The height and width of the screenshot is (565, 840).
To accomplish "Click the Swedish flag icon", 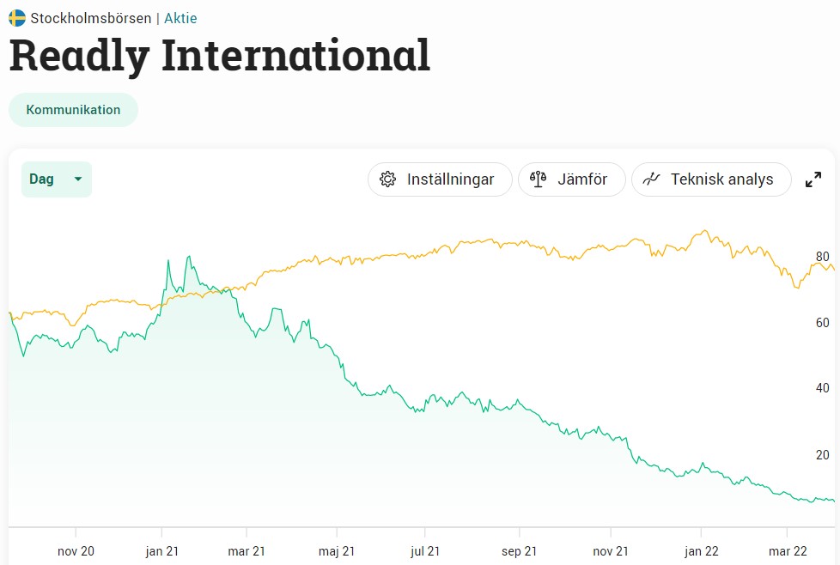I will click(x=17, y=18).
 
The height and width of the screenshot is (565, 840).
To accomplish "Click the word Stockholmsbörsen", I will click(x=91, y=18).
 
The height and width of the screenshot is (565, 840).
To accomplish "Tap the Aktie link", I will click(x=180, y=18).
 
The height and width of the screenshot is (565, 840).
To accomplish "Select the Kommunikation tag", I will click(x=73, y=110).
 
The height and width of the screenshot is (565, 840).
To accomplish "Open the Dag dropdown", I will click(x=57, y=179).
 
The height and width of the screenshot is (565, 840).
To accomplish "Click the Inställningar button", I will click(x=440, y=179).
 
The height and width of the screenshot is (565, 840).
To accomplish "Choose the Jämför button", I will click(x=571, y=179).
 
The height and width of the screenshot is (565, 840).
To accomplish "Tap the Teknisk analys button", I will click(x=711, y=179).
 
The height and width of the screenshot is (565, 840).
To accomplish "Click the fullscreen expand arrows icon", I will click(x=813, y=179).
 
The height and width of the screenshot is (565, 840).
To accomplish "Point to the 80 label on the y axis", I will click(x=822, y=257).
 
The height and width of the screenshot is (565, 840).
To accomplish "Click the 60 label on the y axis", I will click(x=822, y=323).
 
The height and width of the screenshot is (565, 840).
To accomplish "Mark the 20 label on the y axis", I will click(x=822, y=455).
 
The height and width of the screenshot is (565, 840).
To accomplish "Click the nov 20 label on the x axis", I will click(x=76, y=550).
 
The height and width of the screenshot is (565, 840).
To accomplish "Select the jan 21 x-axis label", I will click(x=161, y=550).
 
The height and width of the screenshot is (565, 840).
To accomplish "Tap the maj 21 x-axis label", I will click(x=338, y=550).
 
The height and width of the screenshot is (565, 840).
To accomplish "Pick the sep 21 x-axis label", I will click(x=519, y=550).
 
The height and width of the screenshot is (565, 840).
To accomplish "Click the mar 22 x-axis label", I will click(x=788, y=550).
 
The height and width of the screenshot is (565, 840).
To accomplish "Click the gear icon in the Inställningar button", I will click(x=388, y=179).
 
